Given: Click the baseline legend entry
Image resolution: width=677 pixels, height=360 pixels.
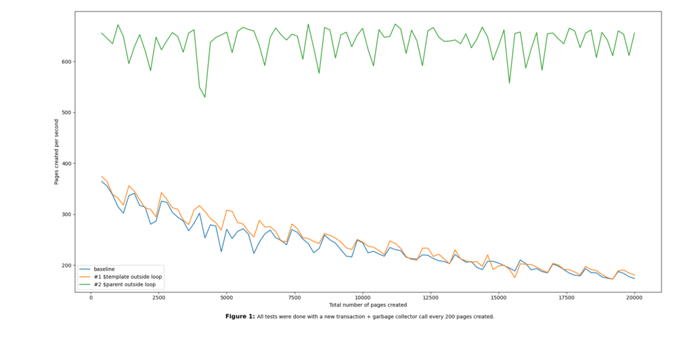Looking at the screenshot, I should pos(104,269).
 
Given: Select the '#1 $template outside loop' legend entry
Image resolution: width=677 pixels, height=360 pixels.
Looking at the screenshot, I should pos(127,277).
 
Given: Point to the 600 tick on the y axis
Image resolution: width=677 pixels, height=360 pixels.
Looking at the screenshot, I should pos(66,62).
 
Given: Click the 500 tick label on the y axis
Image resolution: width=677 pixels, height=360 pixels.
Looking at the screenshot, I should pos(66,112).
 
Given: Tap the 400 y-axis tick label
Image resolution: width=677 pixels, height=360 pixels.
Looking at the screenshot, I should pos(66,164).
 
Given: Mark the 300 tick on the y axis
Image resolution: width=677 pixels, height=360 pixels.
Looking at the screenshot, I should pos(66,215).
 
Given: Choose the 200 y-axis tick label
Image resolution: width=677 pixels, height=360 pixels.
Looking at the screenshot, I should pos(66,265).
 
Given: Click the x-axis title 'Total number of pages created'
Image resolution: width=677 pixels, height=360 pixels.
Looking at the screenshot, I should pos(368,305).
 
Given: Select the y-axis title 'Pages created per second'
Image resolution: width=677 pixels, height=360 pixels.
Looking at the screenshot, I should pos(57,152).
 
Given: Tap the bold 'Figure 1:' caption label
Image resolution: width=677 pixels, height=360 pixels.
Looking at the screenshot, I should pos(240,317).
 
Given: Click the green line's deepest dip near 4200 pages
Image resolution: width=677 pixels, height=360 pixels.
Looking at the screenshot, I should pos(205,97).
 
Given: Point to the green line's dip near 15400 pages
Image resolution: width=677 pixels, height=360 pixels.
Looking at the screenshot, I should pos(509,83).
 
